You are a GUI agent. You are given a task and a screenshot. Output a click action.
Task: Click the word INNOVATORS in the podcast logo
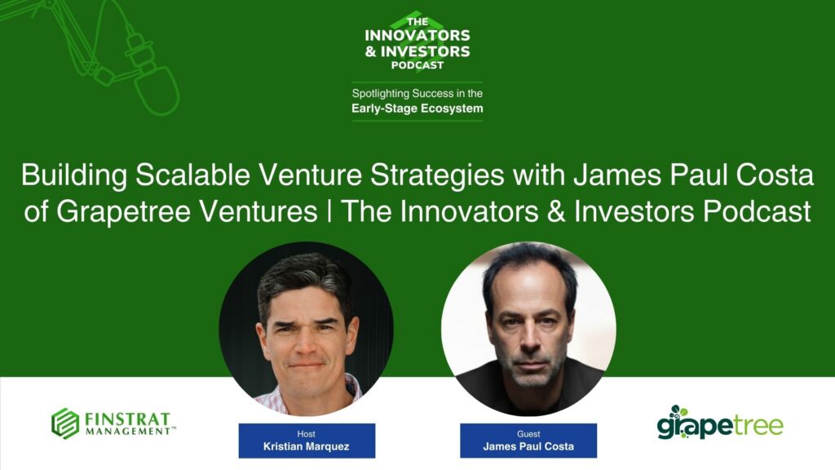[x=417, y=35]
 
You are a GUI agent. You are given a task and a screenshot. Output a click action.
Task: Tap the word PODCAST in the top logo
[x=417, y=65]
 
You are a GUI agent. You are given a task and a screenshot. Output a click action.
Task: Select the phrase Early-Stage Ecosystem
[x=417, y=108]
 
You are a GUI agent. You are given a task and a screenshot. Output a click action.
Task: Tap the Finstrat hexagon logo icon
[x=65, y=423]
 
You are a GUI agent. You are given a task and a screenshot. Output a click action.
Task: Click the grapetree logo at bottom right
[x=720, y=424]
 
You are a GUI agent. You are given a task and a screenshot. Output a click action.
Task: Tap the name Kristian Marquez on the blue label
[x=306, y=446]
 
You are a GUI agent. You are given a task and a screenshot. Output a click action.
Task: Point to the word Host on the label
[x=306, y=433]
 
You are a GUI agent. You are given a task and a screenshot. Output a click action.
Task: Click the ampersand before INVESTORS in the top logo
[x=371, y=51]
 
